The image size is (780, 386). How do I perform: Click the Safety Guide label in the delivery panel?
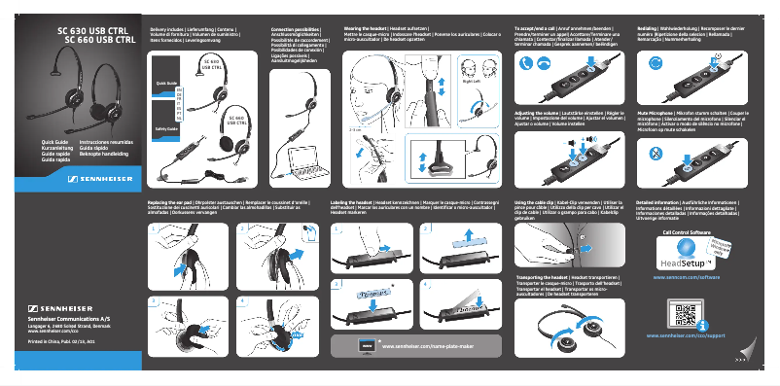[165, 128]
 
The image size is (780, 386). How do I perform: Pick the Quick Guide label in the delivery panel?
[165, 85]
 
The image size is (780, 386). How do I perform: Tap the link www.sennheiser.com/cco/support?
[688, 335]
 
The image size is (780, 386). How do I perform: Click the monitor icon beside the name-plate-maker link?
[367, 345]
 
